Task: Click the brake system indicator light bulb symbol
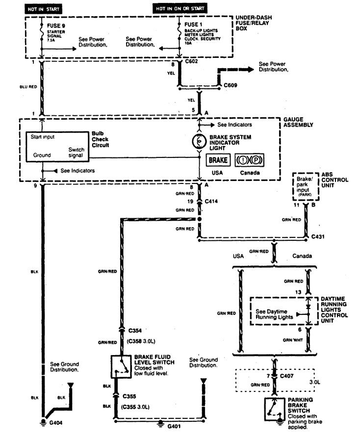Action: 199,141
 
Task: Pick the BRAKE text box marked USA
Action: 218,160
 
